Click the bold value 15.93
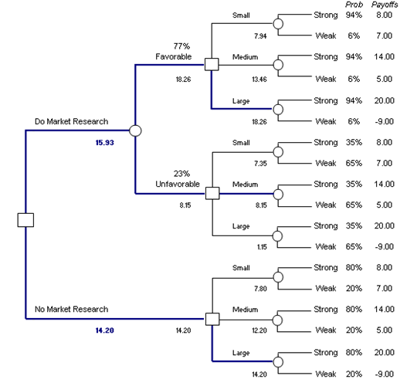point(104,143)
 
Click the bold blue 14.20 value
point(104,330)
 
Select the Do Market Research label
point(71,121)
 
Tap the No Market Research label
point(71,310)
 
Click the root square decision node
point(25,220)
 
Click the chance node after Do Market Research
point(135,130)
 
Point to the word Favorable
point(174,56)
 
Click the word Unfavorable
point(178,184)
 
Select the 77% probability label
point(181,46)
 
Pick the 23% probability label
point(181,174)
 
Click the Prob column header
point(354,5)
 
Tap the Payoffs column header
point(385,5)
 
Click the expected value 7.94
point(260,36)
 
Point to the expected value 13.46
point(259,80)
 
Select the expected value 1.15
point(262,247)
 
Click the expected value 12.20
point(259,330)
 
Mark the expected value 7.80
point(260,289)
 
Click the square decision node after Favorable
point(212,64)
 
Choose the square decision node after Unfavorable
point(212,193)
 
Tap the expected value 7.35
point(260,164)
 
